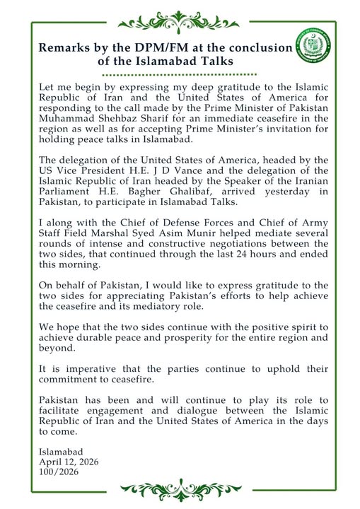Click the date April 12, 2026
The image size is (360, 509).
click(69, 462)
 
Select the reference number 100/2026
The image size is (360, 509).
click(59, 472)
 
